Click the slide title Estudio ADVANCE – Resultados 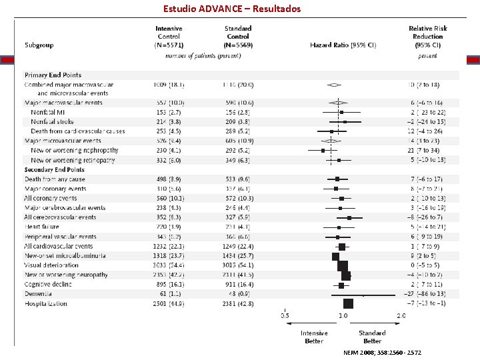click(232, 9)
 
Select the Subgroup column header click(39, 45)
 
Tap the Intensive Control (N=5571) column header click(169, 37)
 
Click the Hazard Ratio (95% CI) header click(343, 45)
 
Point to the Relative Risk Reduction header click(427, 37)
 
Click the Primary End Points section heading click(53, 75)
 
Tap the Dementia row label click(37, 294)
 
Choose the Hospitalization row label click(45, 304)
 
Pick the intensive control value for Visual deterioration click(169, 265)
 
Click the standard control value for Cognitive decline click(238, 285)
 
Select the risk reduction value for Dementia click(427, 294)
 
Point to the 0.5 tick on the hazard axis click(285, 316)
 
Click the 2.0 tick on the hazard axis click(401, 316)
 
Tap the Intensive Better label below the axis click(314, 337)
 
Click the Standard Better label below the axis click(372, 337)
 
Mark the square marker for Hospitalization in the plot click(348, 304)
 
